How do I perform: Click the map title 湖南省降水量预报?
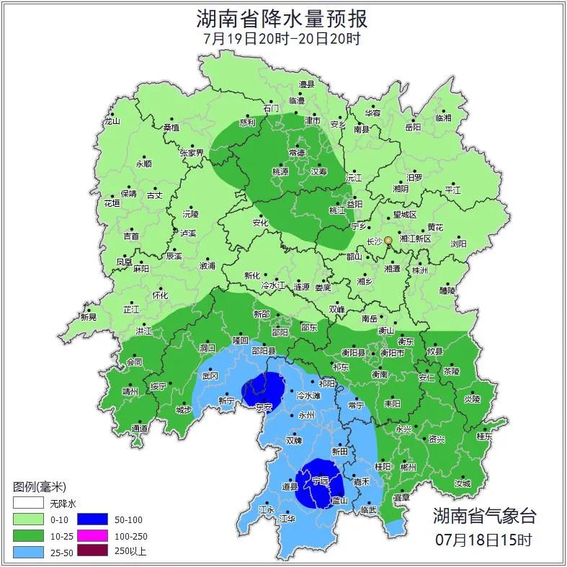point(283,17)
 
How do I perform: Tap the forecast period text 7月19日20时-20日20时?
point(283,39)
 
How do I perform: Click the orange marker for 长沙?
point(388,240)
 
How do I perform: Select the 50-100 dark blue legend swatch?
point(91,519)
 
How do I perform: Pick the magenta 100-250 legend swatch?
point(91,535)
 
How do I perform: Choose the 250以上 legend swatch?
point(91,552)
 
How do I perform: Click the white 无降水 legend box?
point(29,502)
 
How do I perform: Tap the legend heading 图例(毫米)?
point(40,487)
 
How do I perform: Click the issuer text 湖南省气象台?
point(484,516)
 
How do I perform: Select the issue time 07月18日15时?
point(484,539)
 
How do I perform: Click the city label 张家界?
point(192,153)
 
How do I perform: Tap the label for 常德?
point(296,153)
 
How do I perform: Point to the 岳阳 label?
point(412,127)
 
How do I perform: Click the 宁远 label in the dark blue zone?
point(320,480)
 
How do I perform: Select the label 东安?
point(264,407)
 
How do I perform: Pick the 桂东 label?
point(485,436)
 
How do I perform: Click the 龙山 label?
point(112,121)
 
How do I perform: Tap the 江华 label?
point(287,519)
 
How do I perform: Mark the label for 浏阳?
point(458,244)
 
